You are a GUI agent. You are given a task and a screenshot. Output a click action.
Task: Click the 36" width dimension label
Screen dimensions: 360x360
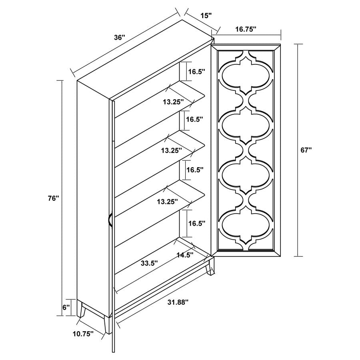(x=120, y=37)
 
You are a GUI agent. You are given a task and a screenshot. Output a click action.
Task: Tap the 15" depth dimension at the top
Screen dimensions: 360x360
(x=206, y=16)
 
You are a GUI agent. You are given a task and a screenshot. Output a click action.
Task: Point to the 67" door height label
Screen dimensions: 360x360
(x=306, y=150)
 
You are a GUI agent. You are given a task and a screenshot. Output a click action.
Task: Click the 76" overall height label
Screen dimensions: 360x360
(x=53, y=198)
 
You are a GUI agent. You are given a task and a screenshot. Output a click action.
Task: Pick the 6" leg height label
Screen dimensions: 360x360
(x=66, y=307)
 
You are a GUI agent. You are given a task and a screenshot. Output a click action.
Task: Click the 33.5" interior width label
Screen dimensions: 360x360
(x=149, y=263)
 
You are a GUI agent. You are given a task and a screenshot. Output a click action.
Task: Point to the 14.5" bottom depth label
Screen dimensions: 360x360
(x=185, y=254)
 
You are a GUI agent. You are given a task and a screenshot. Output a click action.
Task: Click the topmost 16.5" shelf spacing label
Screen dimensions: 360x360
(x=196, y=72)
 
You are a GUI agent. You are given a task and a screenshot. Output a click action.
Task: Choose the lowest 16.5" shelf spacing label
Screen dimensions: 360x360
(x=196, y=223)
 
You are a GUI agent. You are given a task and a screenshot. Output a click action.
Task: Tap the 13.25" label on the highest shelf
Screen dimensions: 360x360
(x=173, y=102)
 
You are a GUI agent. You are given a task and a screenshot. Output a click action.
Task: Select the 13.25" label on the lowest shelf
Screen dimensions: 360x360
(x=167, y=202)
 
